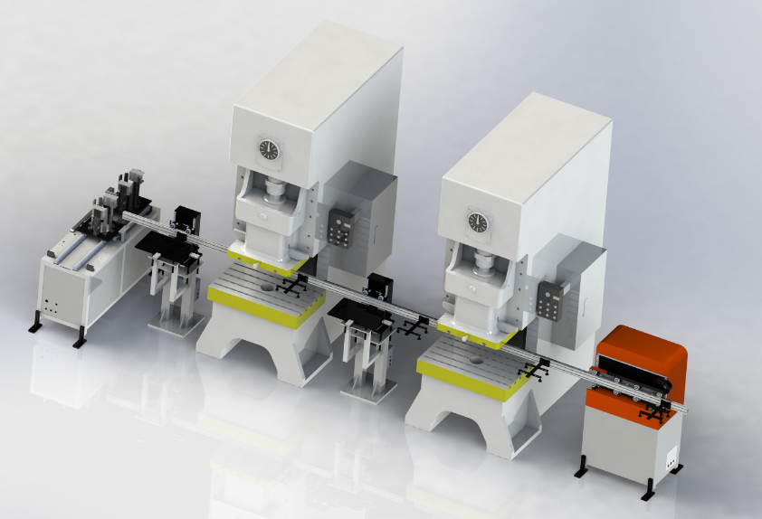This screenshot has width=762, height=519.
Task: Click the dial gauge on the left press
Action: point(268,149)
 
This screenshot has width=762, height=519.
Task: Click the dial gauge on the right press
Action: point(477,222)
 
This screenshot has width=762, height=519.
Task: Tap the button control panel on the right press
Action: point(548,299)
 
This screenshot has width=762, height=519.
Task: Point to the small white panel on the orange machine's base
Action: point(671,457)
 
